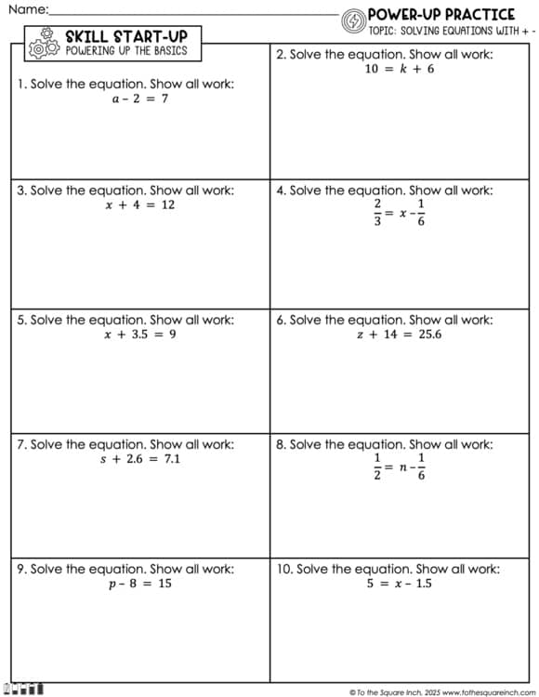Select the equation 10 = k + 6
coord(399,69)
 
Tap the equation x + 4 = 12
coord(139,204)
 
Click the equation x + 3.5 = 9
coord(139,335)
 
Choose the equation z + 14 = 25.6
coord(399,335)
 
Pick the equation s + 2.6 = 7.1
coord(139,459)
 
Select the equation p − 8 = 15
coord(139,584)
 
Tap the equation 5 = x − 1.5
coord(399,584)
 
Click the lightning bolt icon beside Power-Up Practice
coord(353,20)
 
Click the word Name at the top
coord(26,9)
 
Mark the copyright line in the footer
coord(442,691)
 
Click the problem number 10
coord(284,569)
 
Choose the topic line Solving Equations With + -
coord(452,30)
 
